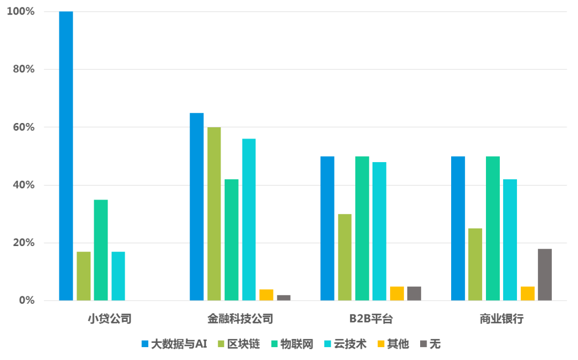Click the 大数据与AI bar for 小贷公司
coord(66,156)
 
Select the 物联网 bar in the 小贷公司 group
coord(101,250)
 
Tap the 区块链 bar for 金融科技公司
coord(214,214)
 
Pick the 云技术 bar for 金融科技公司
coord(249,219)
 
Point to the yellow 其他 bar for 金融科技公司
coord(266,295)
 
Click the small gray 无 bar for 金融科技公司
coord(284,297)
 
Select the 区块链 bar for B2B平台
coord(345,257)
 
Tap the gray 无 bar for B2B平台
coord(414,293)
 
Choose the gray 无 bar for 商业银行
coord(545,274)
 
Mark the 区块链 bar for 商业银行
coord(475,264)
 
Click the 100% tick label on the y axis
coord(20,11)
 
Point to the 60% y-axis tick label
coord(22,127)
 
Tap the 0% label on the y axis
coord(26,300)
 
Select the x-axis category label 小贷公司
coord(110,319)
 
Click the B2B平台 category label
coord(371,319)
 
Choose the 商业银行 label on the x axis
coord(501,319)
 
